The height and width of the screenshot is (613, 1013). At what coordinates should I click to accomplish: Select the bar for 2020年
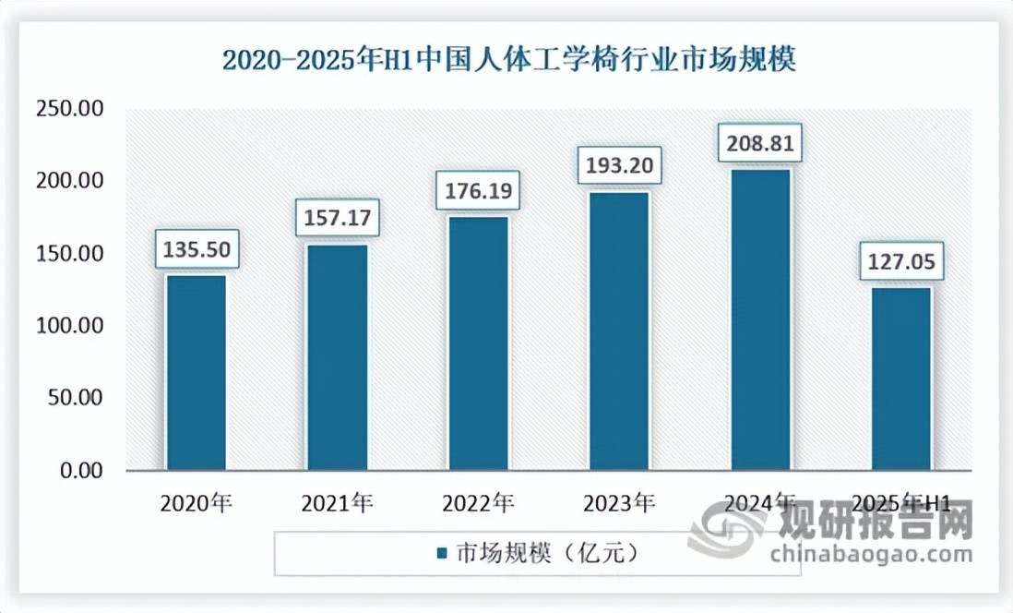click(x=196, y=373)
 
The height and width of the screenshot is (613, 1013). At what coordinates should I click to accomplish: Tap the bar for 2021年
click(x=337, y=357)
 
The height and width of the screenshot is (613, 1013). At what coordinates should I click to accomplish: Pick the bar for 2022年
click(x=478, y=343)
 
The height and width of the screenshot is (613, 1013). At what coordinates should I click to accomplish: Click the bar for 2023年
click(x=619, y=331)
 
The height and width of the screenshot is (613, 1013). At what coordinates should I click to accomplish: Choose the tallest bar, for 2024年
click(x=760, y=319)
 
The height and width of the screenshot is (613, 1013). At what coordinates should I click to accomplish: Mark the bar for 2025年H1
click(x=900, y=379)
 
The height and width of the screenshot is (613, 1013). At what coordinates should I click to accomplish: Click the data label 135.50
click(x=196, y=249)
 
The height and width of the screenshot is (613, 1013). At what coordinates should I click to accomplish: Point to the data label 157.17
click(x=337, y=219)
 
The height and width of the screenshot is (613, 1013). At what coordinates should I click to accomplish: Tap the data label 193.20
click(x=619, y=167)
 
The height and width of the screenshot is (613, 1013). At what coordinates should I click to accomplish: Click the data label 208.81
click(x=760, y=144)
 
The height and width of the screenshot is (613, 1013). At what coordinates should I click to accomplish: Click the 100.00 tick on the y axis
click(x=69, y=326)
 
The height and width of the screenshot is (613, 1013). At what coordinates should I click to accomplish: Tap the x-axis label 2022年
click(x=478, y=503)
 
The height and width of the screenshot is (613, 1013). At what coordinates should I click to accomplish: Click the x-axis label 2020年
click(x=196, y=503)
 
